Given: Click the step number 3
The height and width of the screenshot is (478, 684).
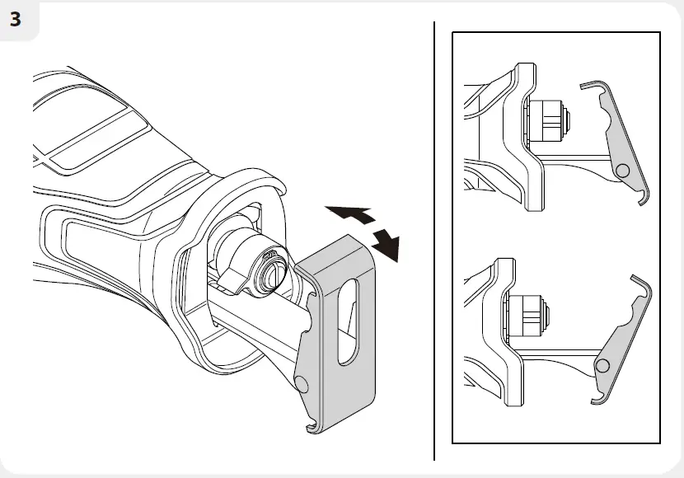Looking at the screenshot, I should pos(16,20).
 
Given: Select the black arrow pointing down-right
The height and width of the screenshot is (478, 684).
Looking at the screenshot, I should pos(386,244).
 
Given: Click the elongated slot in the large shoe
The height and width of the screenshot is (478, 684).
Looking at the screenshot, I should pos(349,321).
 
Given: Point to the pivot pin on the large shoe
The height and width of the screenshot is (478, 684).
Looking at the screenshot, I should pos(302,384).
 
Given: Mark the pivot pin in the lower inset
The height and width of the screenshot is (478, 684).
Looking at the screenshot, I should pos(604,366).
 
